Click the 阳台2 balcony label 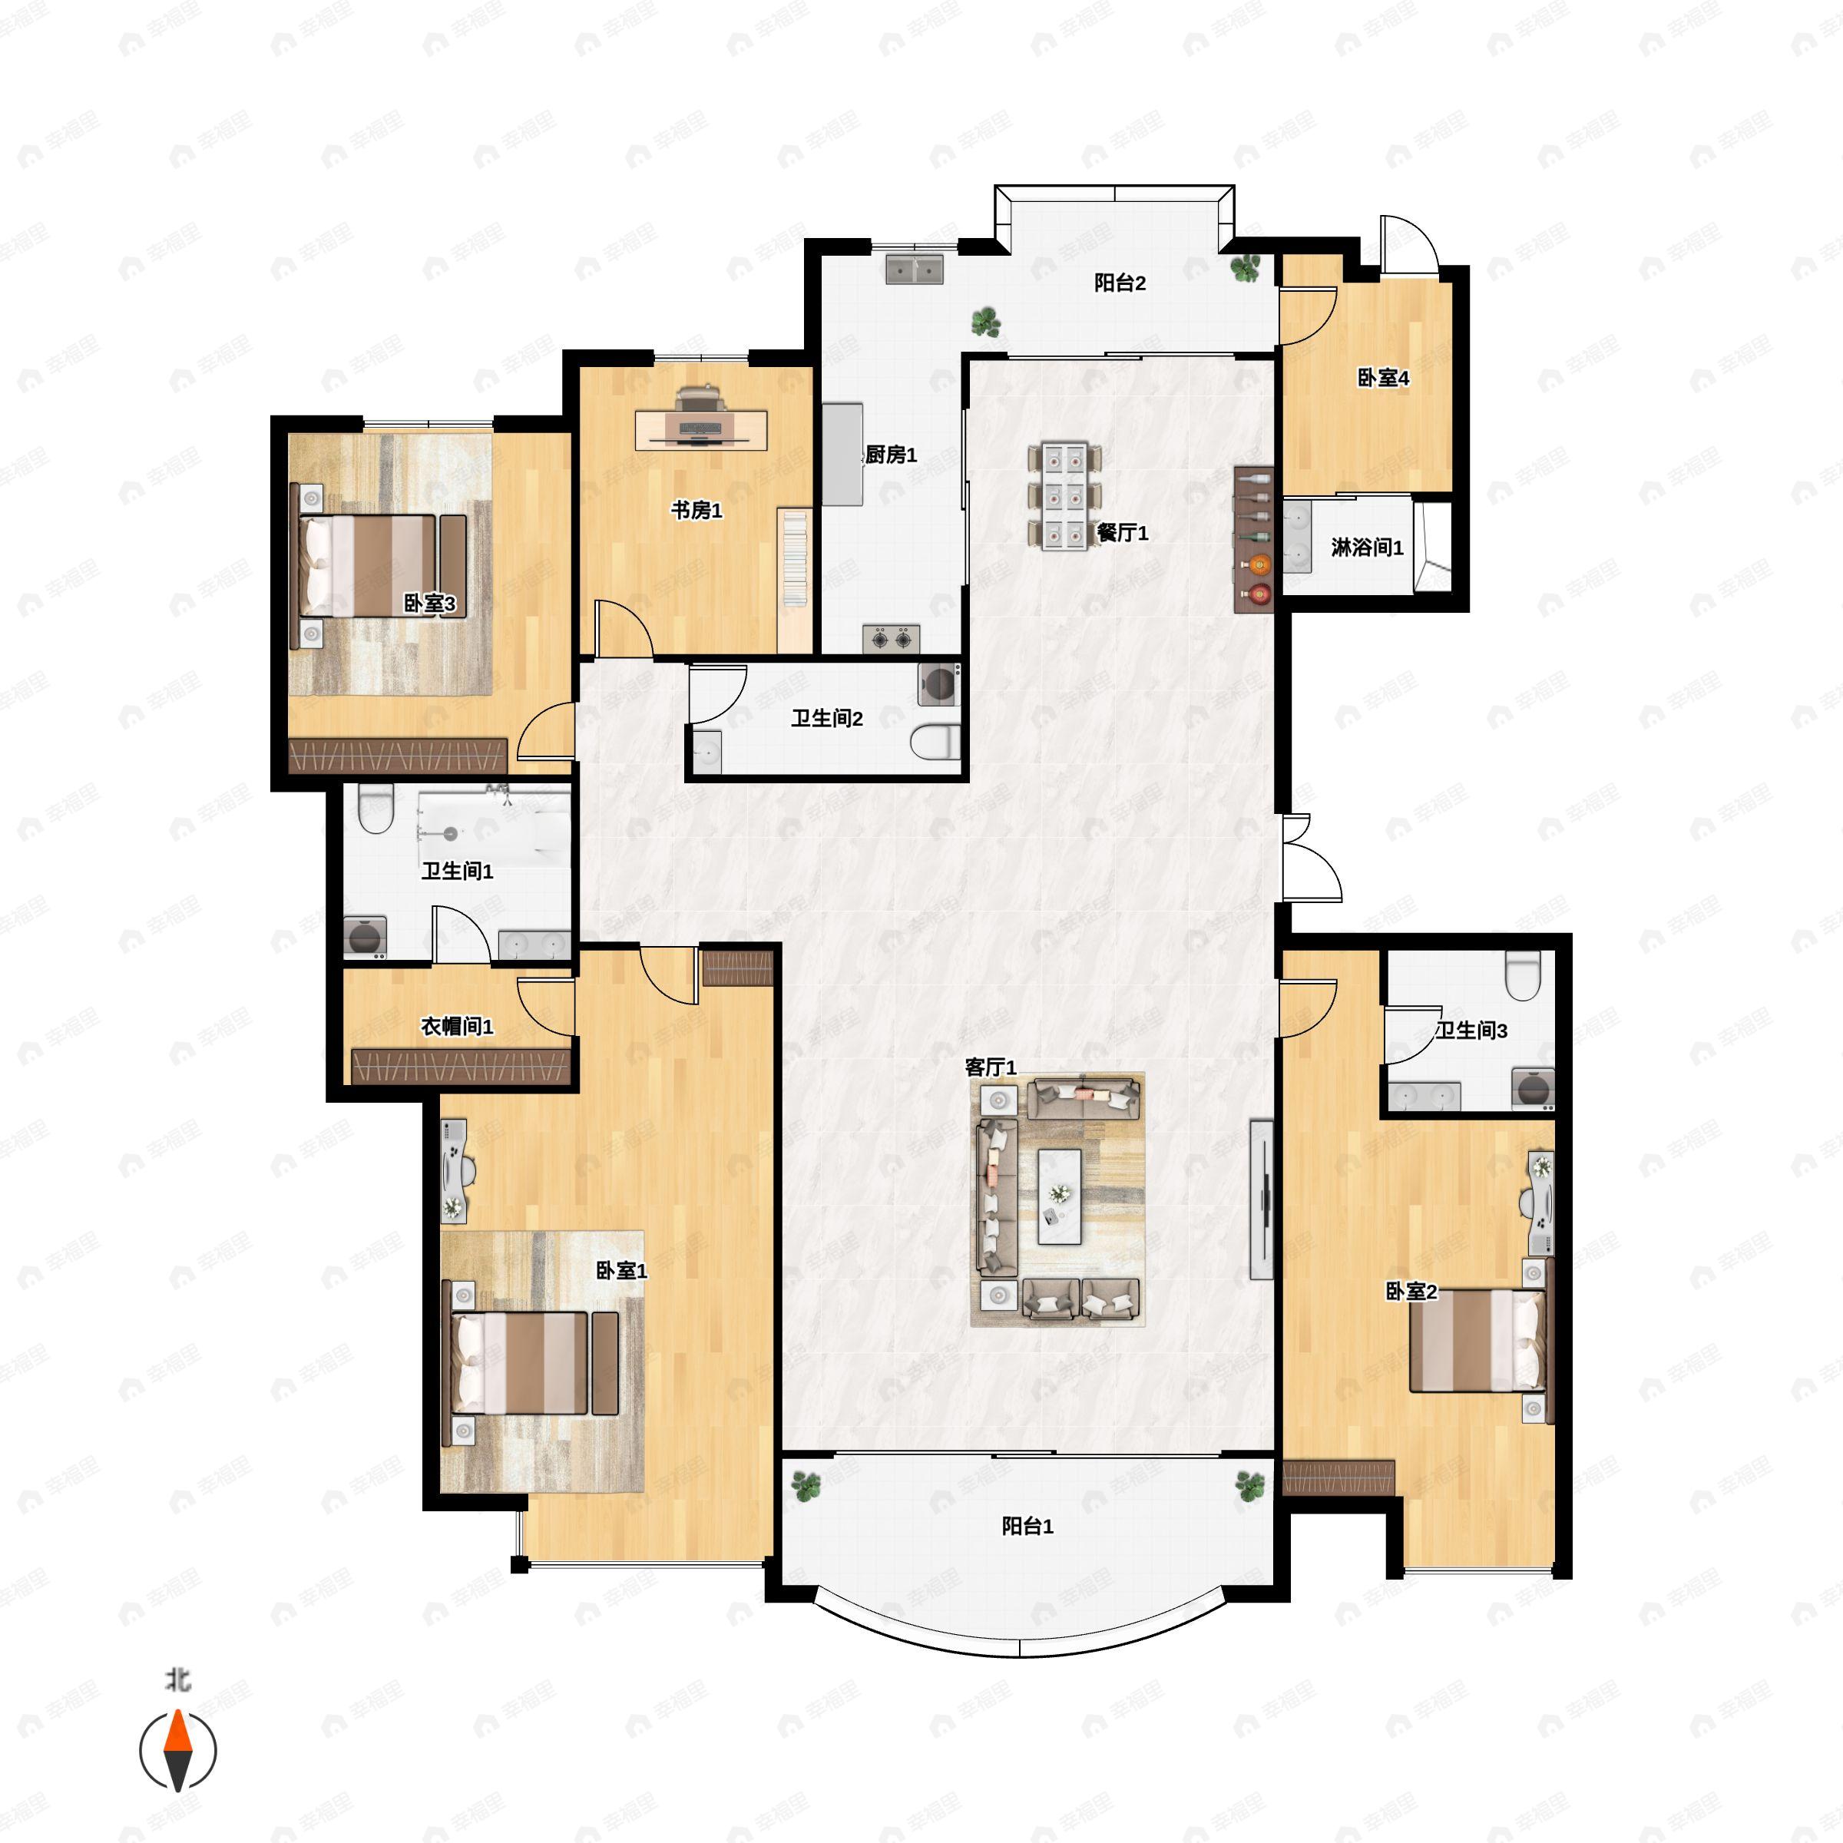(1119, 283)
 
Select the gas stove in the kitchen (891, 638)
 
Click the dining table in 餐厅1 (1064, 496)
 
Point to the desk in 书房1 (701, 428)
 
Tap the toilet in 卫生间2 (935, 741)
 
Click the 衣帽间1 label (457, 1027)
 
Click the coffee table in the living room (1059, 1196)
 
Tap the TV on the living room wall (1262, 1199)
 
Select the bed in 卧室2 (1477, 1339)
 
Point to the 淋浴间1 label (1367, 548)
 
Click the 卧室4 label (1383, 378)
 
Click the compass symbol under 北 (178, 1751)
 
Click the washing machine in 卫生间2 (938, 684)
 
